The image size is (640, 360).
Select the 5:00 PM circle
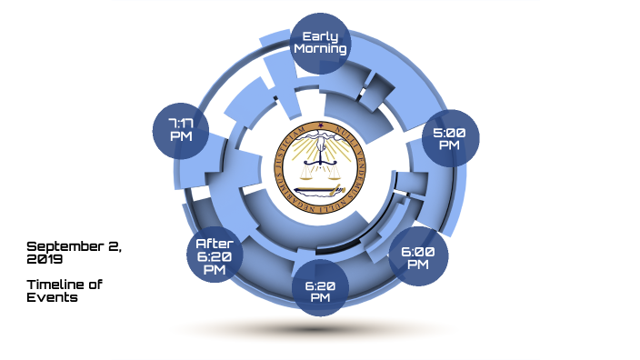click(451, 140)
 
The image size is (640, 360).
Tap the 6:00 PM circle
click(418, 258)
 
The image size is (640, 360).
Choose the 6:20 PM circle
click(320, 289)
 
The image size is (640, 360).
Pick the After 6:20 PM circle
click(215, 256)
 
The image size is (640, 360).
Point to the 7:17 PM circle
click(181, 129)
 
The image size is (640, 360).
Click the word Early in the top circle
click(320, 37)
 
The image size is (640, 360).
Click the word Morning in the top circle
click(320, 49)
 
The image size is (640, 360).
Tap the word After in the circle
click(215, 244)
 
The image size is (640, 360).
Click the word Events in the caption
click(52, 297)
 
